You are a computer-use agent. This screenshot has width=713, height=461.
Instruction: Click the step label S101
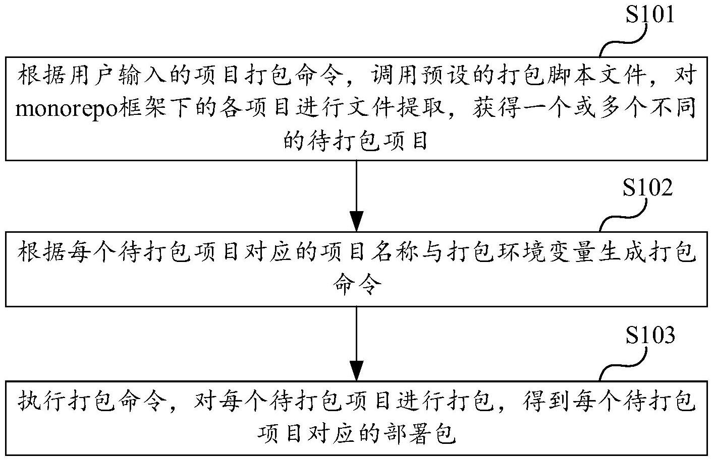pyautogui.click(x=649, y=15)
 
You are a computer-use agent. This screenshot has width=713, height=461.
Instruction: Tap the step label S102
pyautogui.click(x=647, y=188)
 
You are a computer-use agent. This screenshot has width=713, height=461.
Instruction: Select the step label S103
pyautogui.click(x=650, y=336)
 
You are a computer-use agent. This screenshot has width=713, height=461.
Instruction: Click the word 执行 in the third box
pyautogui.click(x=42, y=401)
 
